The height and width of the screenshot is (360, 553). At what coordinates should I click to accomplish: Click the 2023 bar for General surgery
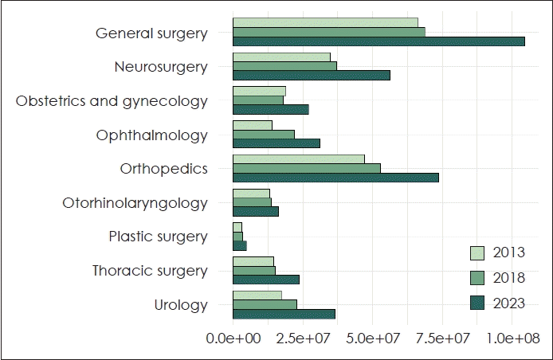point(378,41)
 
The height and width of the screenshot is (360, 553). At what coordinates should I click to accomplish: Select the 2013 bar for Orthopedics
point(299,159)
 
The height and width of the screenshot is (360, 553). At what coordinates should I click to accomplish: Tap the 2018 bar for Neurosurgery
point(284,66)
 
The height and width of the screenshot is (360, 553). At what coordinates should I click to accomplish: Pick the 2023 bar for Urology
point(284,314)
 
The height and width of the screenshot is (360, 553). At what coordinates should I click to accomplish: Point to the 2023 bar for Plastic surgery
point(240,245)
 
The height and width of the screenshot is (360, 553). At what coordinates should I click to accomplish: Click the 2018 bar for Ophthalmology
point(264,135)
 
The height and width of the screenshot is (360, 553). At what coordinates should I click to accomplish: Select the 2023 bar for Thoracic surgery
point(266,280)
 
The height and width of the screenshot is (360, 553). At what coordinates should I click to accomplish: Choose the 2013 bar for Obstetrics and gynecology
point(259,91)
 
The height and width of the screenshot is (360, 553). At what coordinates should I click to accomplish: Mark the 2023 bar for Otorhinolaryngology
point(256,211)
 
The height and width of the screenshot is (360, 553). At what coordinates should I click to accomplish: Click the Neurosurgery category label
point(161,67)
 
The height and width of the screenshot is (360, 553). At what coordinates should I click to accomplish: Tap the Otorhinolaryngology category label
point(135,203)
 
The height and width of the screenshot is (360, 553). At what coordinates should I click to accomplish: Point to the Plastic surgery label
point(158,237)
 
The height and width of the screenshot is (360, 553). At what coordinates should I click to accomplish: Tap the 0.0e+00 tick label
point(233,338)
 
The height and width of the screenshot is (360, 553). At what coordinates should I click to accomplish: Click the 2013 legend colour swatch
point(478,253)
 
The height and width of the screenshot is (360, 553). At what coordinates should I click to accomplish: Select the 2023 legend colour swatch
point(478,303)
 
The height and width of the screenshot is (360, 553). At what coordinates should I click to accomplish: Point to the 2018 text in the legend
point(509,278)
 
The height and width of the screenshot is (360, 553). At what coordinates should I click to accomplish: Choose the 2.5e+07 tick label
point(302,338)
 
